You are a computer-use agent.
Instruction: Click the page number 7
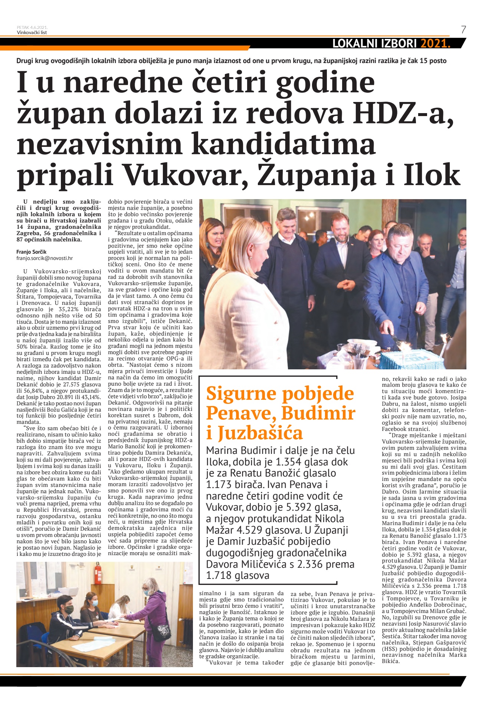click(x=463, y=30)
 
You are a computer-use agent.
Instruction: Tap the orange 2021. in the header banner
click(x=435, y=44)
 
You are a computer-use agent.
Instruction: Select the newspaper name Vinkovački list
click(x=32, y=32)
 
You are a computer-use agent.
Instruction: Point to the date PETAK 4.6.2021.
click(x=32, y=27)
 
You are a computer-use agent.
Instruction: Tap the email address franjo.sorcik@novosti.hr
click(x=45, y=258)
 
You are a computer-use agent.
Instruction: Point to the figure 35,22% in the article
click(x=69, y=309)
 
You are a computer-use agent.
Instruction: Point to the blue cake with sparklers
click(x=412, y=358)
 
